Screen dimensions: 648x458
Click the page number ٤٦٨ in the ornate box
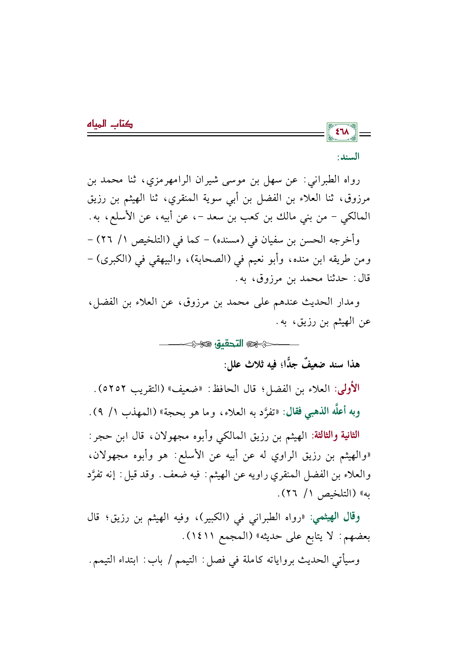point(342,132)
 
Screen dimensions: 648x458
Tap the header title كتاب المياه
point(110,124)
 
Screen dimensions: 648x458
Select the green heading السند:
point(348,157)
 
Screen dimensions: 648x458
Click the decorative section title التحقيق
point(229,344)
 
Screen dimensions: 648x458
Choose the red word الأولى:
point(347,389)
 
